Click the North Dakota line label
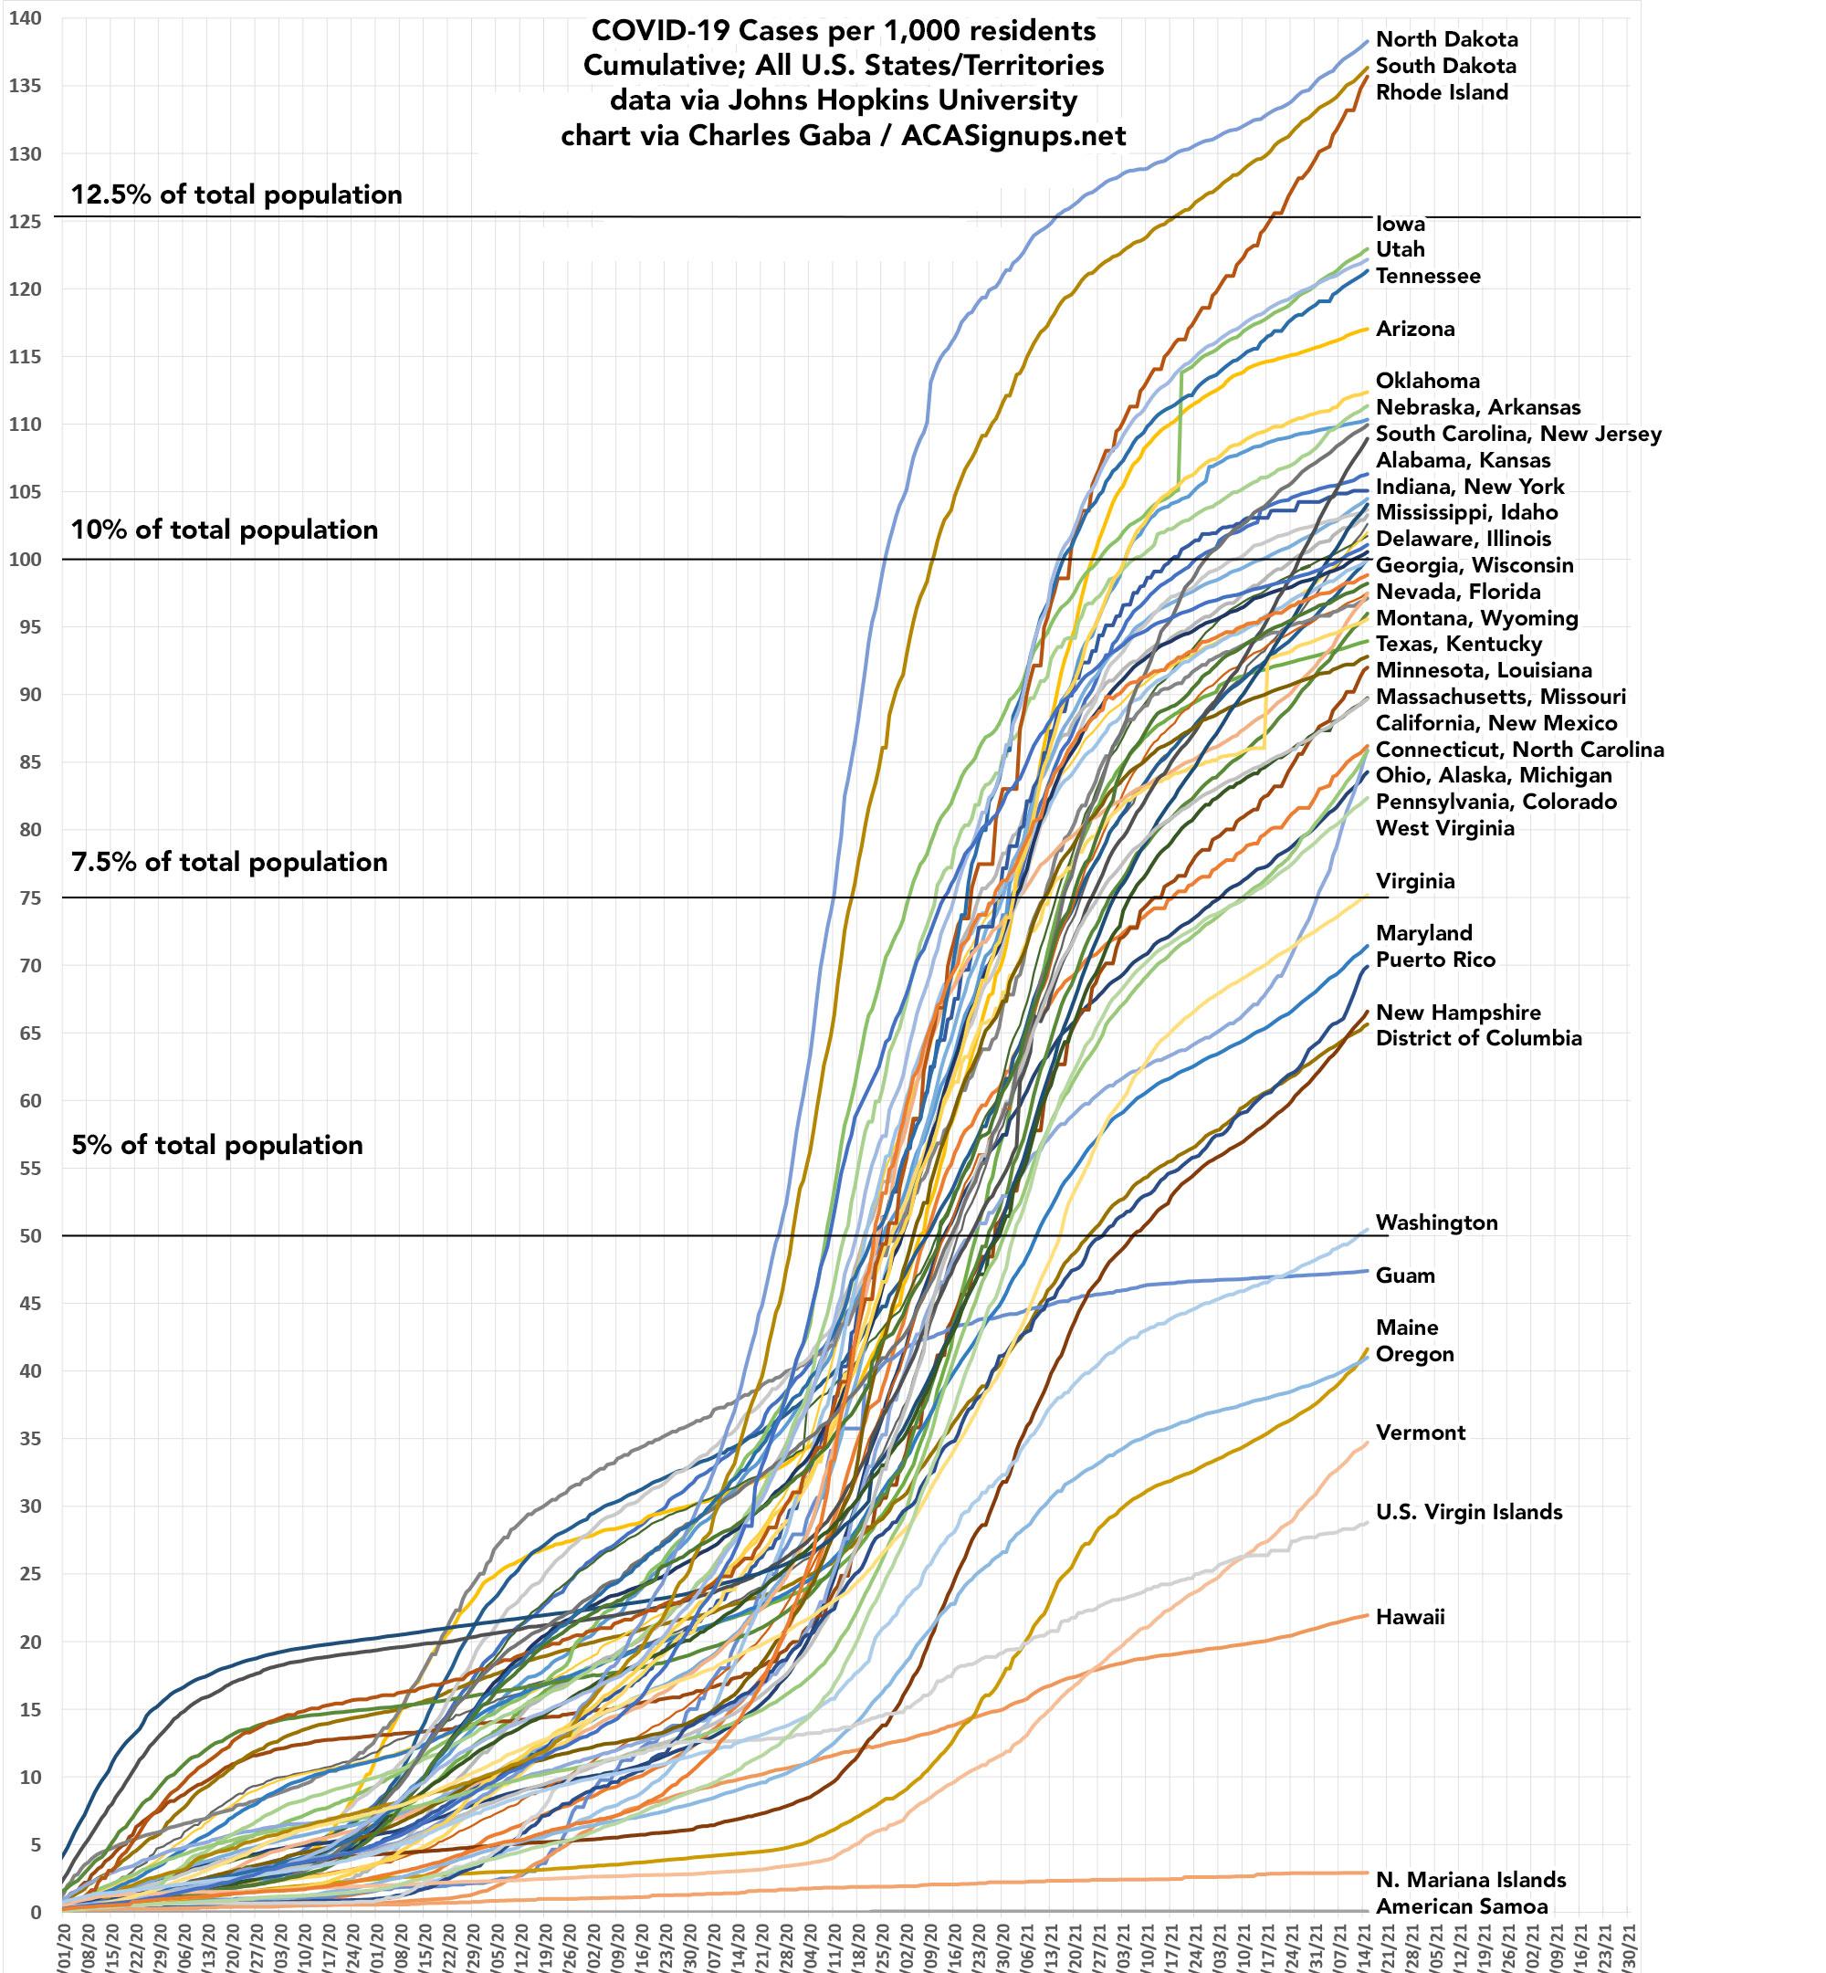click(x=1446, y=39)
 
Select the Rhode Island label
click(x=1442, y=93)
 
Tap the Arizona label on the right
click(x=1415, y=329)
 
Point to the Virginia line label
click(x=1415, y=881)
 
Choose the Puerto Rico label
click(x=1436, y=960)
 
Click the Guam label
click(x=1405, y=1275)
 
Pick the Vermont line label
click(x=1421, y=1433)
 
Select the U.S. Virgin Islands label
click(x=1469, y=1512)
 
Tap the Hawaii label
click(x=1410, y=1617)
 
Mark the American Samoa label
click(x=1462, y=1905)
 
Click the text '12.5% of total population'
click(x=236, y=194)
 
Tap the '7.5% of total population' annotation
click(x=229, y=863)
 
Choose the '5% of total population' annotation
click(x=217, y=1145)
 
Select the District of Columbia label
click(x=1478, y=1038)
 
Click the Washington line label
click(x=1437, y=1223)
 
